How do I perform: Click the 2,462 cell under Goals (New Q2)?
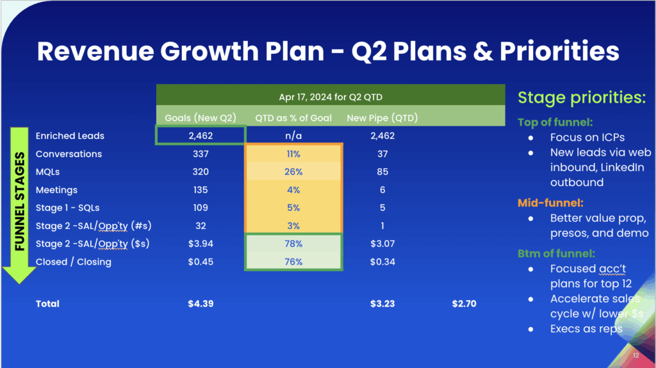pyautogui.click(x=201, y=136)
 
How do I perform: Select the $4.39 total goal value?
pyautogui.click(x=201, y=304)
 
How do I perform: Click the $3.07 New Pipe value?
pyautogui.click(x=382, y=244)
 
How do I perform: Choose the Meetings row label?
pyautogui.click(x=56, y=190)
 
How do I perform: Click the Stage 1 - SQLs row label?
pyautogui.click(x=67, y=208)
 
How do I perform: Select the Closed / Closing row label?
pyautogui.click(x=73, y=262)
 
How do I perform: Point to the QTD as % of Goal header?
pyautogui.click(x=294, y=117)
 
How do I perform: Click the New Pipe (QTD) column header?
pyautogui.click(x=382, y=117)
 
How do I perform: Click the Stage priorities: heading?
pyautogui.click(x=582, y=98)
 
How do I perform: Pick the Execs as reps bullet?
pyautogui.click(x=586, y=328)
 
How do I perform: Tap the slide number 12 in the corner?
pyautogui.click(x=635, y=355)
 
